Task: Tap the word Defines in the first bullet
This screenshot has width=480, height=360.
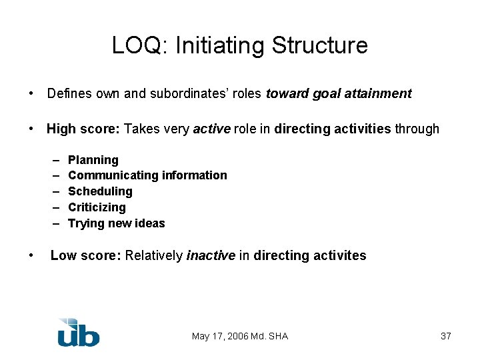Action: click(x=65, y=94)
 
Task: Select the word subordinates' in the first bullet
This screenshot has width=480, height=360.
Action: click(x=194, y=94)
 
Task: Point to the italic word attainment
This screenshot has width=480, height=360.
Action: click(x=381, y=94)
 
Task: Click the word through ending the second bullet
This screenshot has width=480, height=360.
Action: click(x=417, y=129)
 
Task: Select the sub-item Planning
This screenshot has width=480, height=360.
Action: click(x=93, y=160)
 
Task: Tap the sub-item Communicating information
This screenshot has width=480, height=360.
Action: click(x=147, y=175)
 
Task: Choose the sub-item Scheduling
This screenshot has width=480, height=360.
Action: click(x=100, y=191)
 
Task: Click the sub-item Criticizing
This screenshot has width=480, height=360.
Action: click(x=97, y=207)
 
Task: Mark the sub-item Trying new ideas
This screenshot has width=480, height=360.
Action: click(x=116, y=223)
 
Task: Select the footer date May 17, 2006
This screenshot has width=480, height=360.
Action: click(x=219, y=336)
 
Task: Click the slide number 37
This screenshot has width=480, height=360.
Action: click(x=446, y=336)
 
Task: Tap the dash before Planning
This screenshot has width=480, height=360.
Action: click(x=53, y=160)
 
